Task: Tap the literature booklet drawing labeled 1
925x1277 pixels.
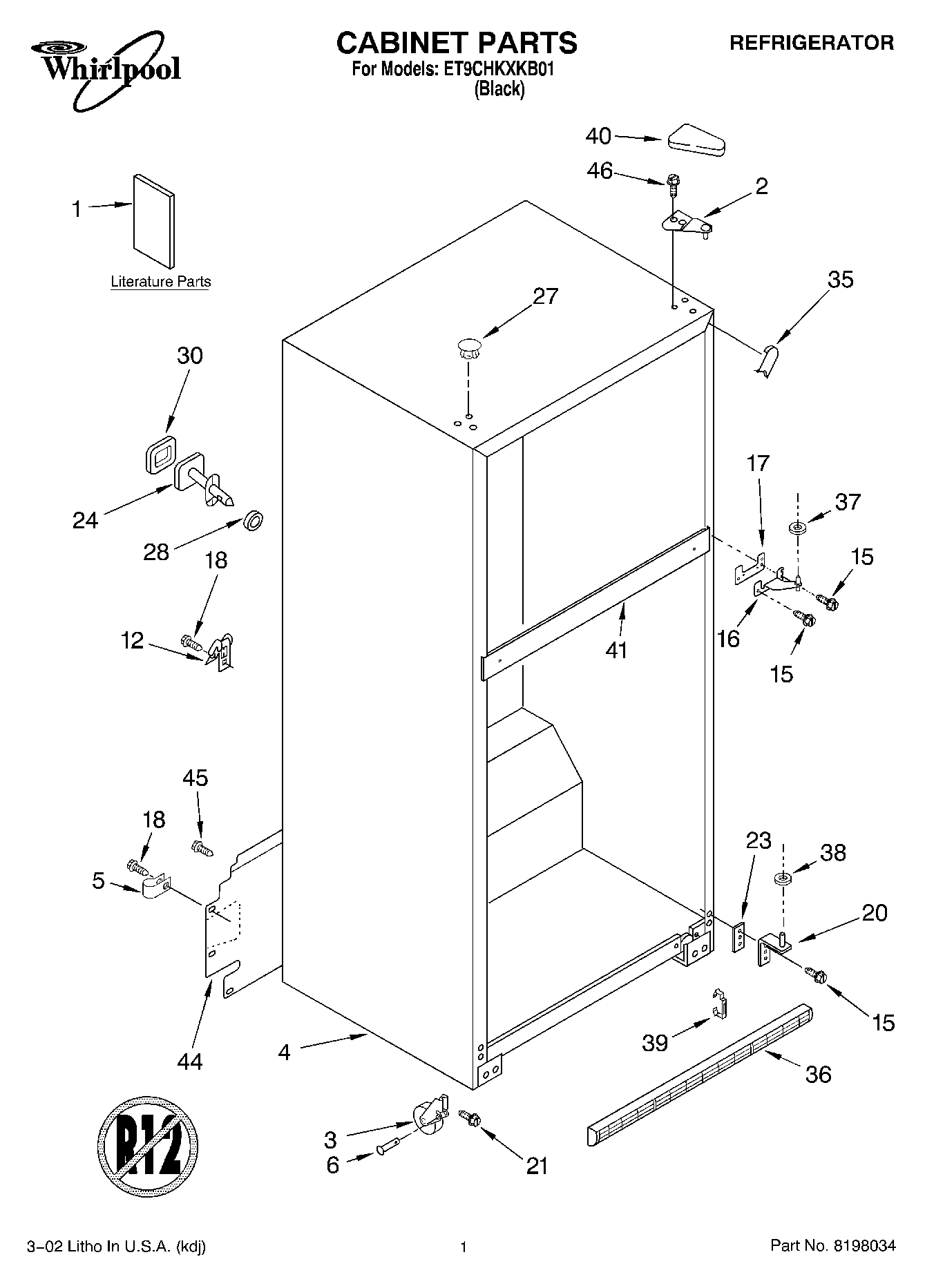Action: (x=153, y=220)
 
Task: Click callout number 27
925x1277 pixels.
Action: (x=545, y=296)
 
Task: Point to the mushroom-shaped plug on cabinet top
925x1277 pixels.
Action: (x=468, y=346)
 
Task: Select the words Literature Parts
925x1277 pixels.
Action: (x=161, y=282)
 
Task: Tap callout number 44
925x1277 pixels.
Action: (x=189, y=1061)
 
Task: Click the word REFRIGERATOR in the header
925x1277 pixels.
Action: (x=812, y=43)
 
